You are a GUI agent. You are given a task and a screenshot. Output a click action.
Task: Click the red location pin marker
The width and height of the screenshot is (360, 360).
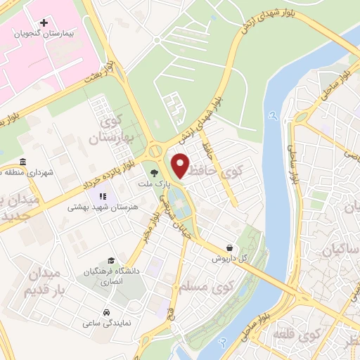[181, 165]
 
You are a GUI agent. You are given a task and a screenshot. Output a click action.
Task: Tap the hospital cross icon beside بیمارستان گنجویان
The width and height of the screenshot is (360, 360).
[44, 23]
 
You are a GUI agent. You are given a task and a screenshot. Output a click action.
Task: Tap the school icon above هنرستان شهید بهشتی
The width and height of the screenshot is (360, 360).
[103, 196]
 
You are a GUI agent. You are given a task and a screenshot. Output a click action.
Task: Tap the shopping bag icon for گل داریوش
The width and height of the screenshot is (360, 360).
[231, 247]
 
